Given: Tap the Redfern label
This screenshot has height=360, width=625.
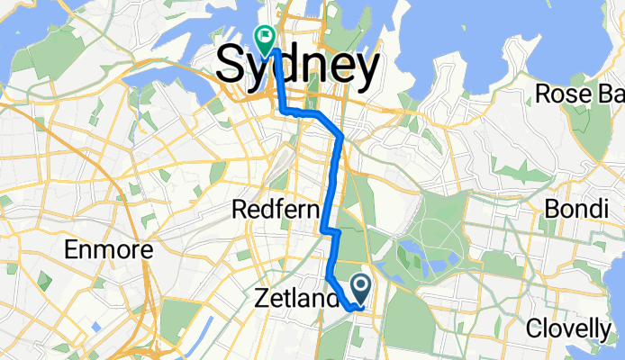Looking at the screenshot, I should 276,211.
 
